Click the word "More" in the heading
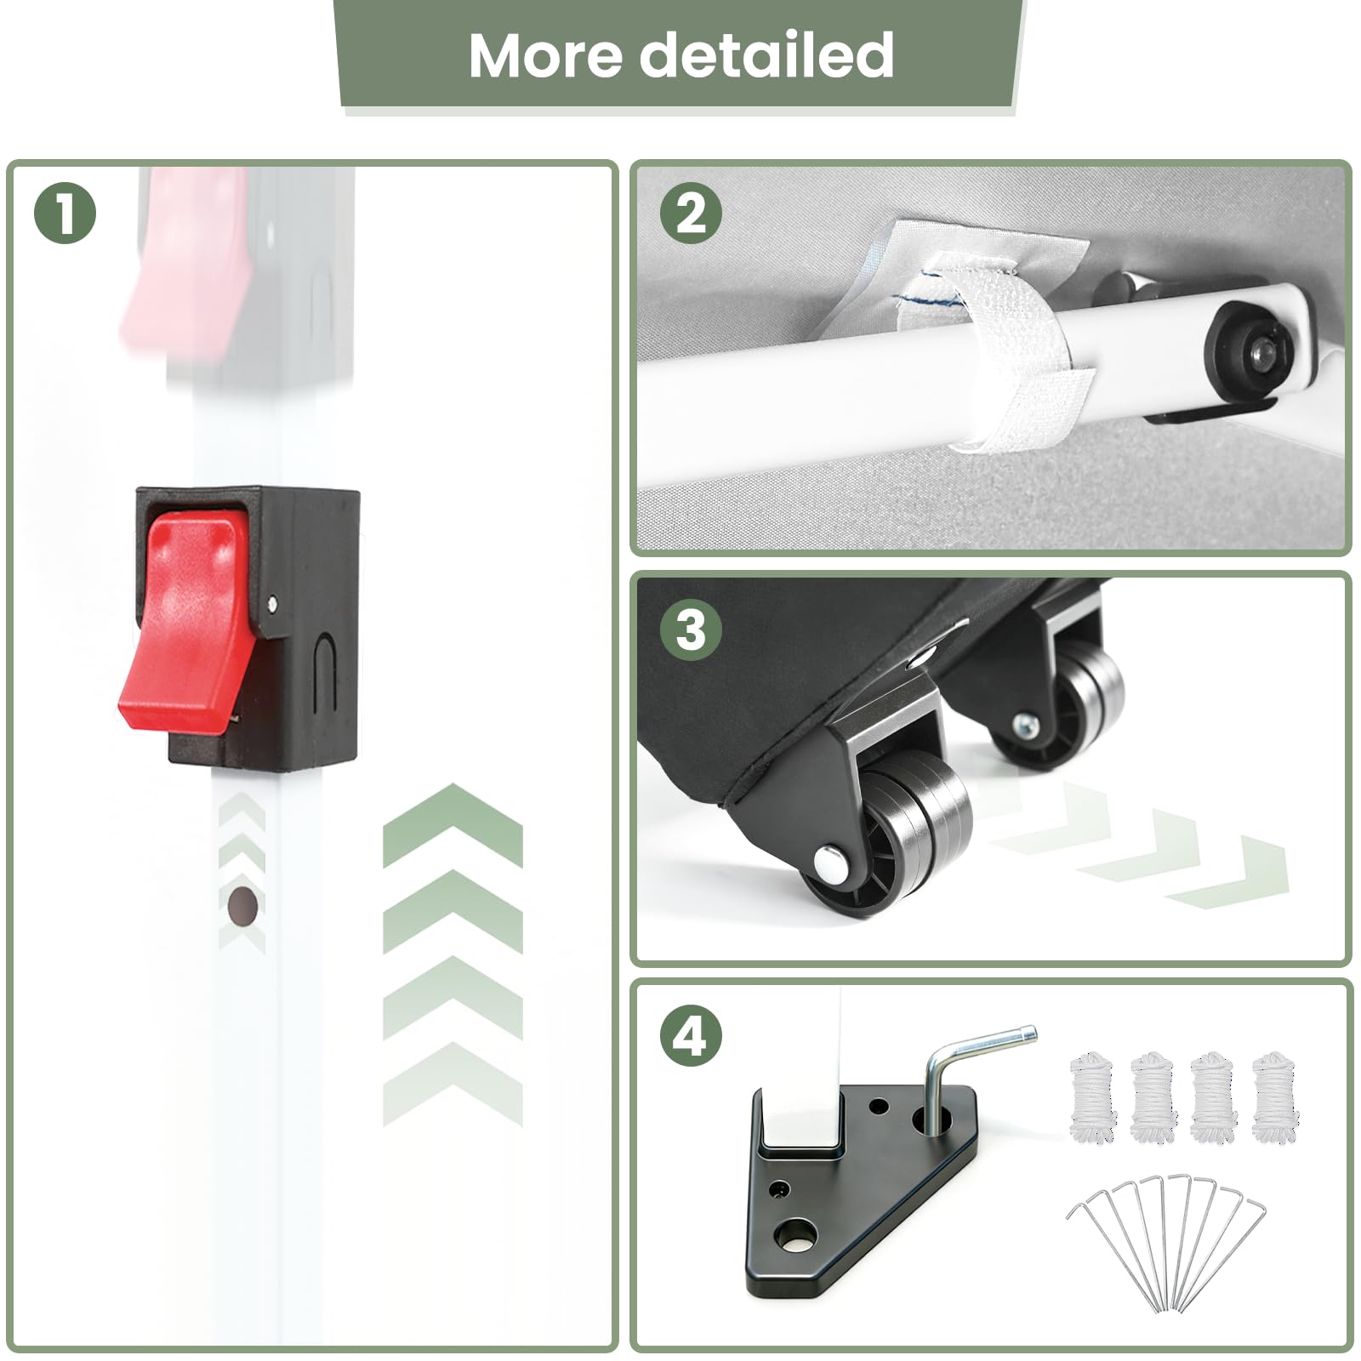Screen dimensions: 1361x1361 coord(545,55)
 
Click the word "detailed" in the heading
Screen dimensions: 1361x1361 coord(766,55)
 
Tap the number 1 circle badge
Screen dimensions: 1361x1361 coord(65,213)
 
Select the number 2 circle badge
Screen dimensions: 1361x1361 coord(691,213)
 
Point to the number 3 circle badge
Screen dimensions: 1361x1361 coord(691,630)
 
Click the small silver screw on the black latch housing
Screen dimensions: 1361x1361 coord(271,604)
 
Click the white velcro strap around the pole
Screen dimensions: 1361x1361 coord(999,357)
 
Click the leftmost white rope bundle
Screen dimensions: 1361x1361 coord(1092,1096)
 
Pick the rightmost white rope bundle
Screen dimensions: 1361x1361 coord(1275,1096)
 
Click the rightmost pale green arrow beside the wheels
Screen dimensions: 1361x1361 coord(1229,872)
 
